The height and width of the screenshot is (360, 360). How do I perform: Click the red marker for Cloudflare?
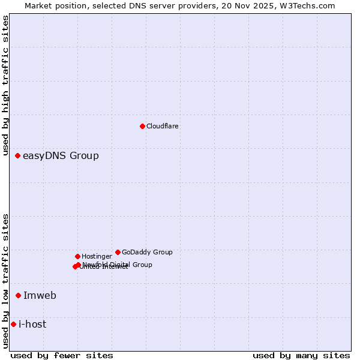142,126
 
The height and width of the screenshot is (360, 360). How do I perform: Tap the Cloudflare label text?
162,126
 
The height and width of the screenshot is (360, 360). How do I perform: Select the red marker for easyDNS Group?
17,156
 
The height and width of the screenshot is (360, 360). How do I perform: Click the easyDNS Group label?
61,156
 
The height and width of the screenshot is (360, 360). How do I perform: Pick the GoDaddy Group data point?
118,252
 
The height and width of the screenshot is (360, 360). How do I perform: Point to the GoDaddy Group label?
147,252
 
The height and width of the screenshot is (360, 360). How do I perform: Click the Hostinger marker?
77,256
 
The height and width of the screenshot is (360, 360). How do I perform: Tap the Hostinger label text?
97,256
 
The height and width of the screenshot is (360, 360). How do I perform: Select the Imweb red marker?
18,295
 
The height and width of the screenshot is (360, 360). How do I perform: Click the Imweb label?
40,295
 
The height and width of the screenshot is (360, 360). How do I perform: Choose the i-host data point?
13,324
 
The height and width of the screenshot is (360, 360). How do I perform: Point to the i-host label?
32,325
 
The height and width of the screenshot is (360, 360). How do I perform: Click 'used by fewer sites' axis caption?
62,356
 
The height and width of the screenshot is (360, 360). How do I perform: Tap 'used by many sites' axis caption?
301,356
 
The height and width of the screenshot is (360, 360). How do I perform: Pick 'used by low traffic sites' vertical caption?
5,281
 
